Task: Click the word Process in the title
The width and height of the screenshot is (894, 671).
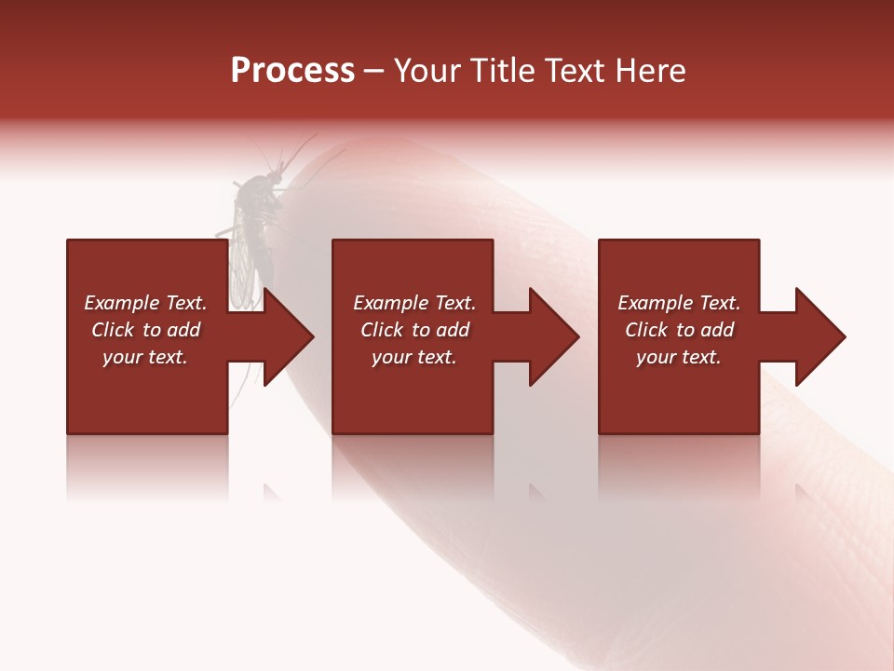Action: coord(292,71)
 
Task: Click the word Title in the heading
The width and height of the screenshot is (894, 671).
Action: coord(503,71)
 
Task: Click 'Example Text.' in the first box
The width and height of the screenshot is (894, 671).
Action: coord(145,303)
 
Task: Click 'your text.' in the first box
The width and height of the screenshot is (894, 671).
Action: coord(145,357)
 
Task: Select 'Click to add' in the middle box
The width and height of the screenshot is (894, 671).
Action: coord(414,330)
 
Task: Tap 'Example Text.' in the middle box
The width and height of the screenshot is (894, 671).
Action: coord(414,303)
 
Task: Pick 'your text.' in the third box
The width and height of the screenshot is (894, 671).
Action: coord(679,357)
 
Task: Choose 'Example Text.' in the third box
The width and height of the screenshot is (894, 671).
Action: coord(679,303)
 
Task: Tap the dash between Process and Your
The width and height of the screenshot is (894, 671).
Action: coord(374,72)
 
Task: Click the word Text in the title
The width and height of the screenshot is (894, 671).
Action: coord(576,71)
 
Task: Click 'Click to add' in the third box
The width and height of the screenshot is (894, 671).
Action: coord(679,330)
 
